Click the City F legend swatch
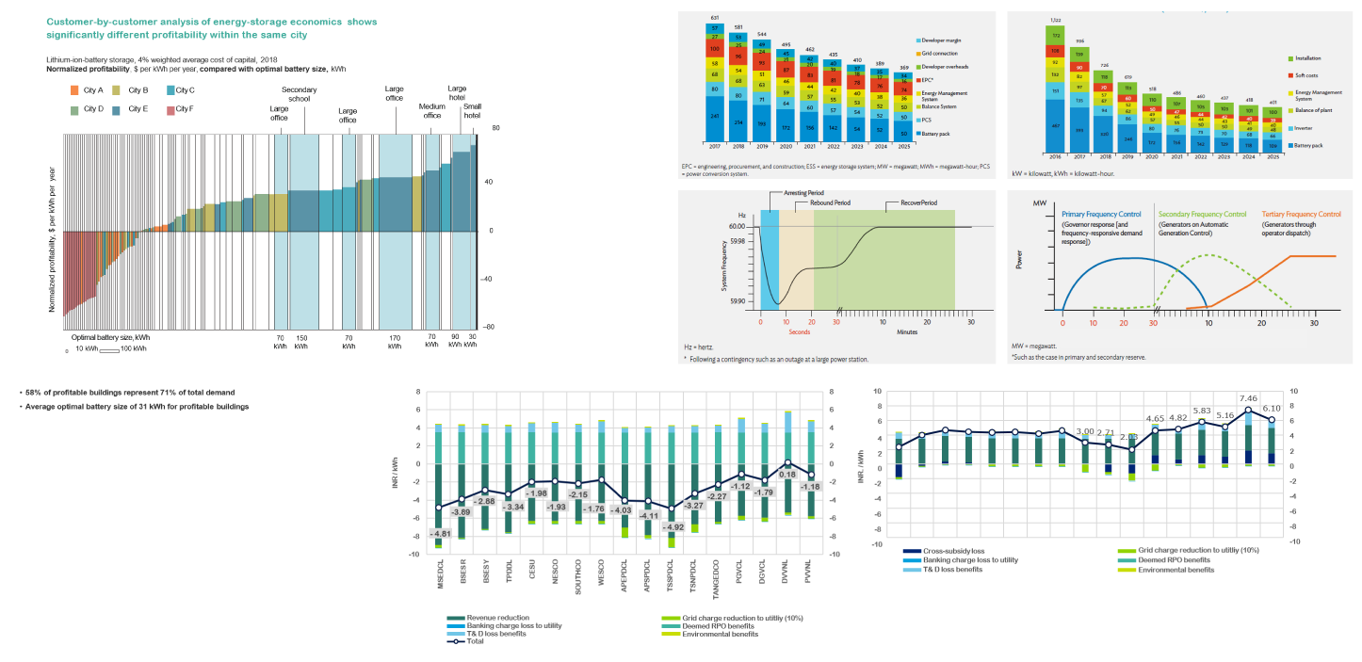pos(170,110)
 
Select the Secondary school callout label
pos(300,94)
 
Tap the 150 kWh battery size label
pos(300,341)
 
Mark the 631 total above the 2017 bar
pos(716,17)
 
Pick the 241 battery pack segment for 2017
pos(716,117)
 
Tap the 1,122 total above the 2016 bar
pos(1054,20)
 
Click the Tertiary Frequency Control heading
pos(1301,214)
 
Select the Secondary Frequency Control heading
pos(1206,214)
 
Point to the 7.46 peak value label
pos(1249,398)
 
